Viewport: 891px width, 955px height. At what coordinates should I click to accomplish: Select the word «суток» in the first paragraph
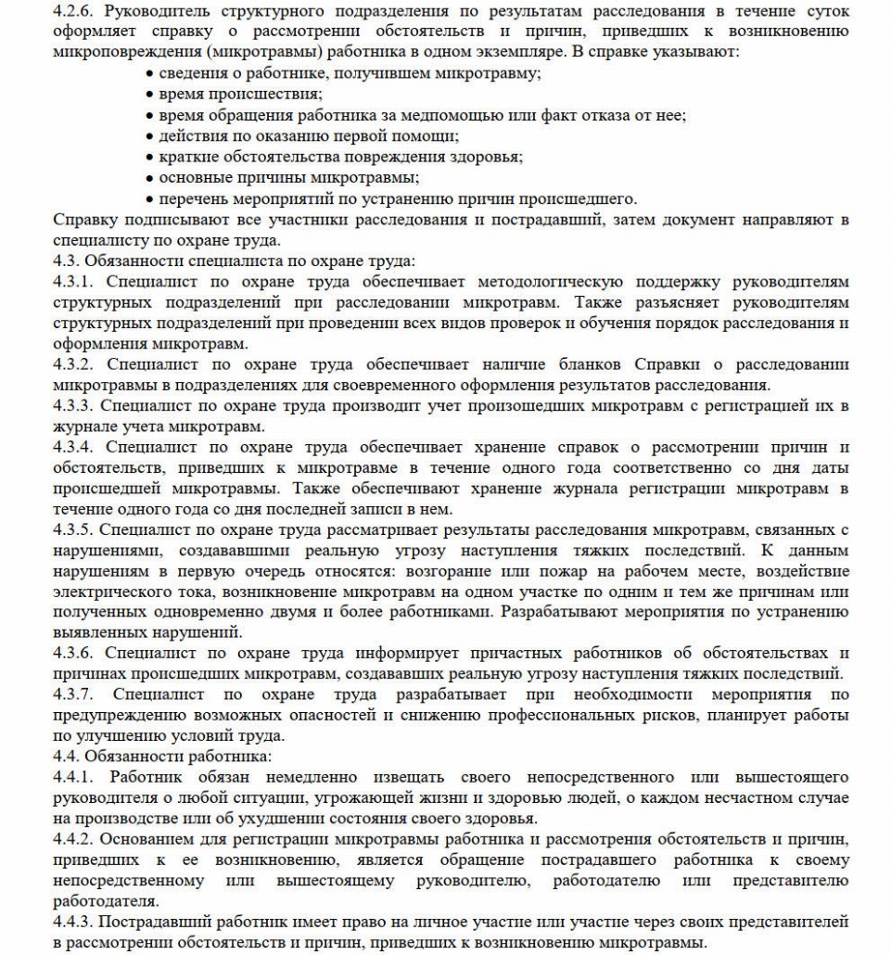pos(828,11)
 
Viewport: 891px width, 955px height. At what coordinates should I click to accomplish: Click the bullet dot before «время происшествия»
pos(150,95)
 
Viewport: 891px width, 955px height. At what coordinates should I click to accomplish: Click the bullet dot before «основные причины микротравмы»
pos(150,178)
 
